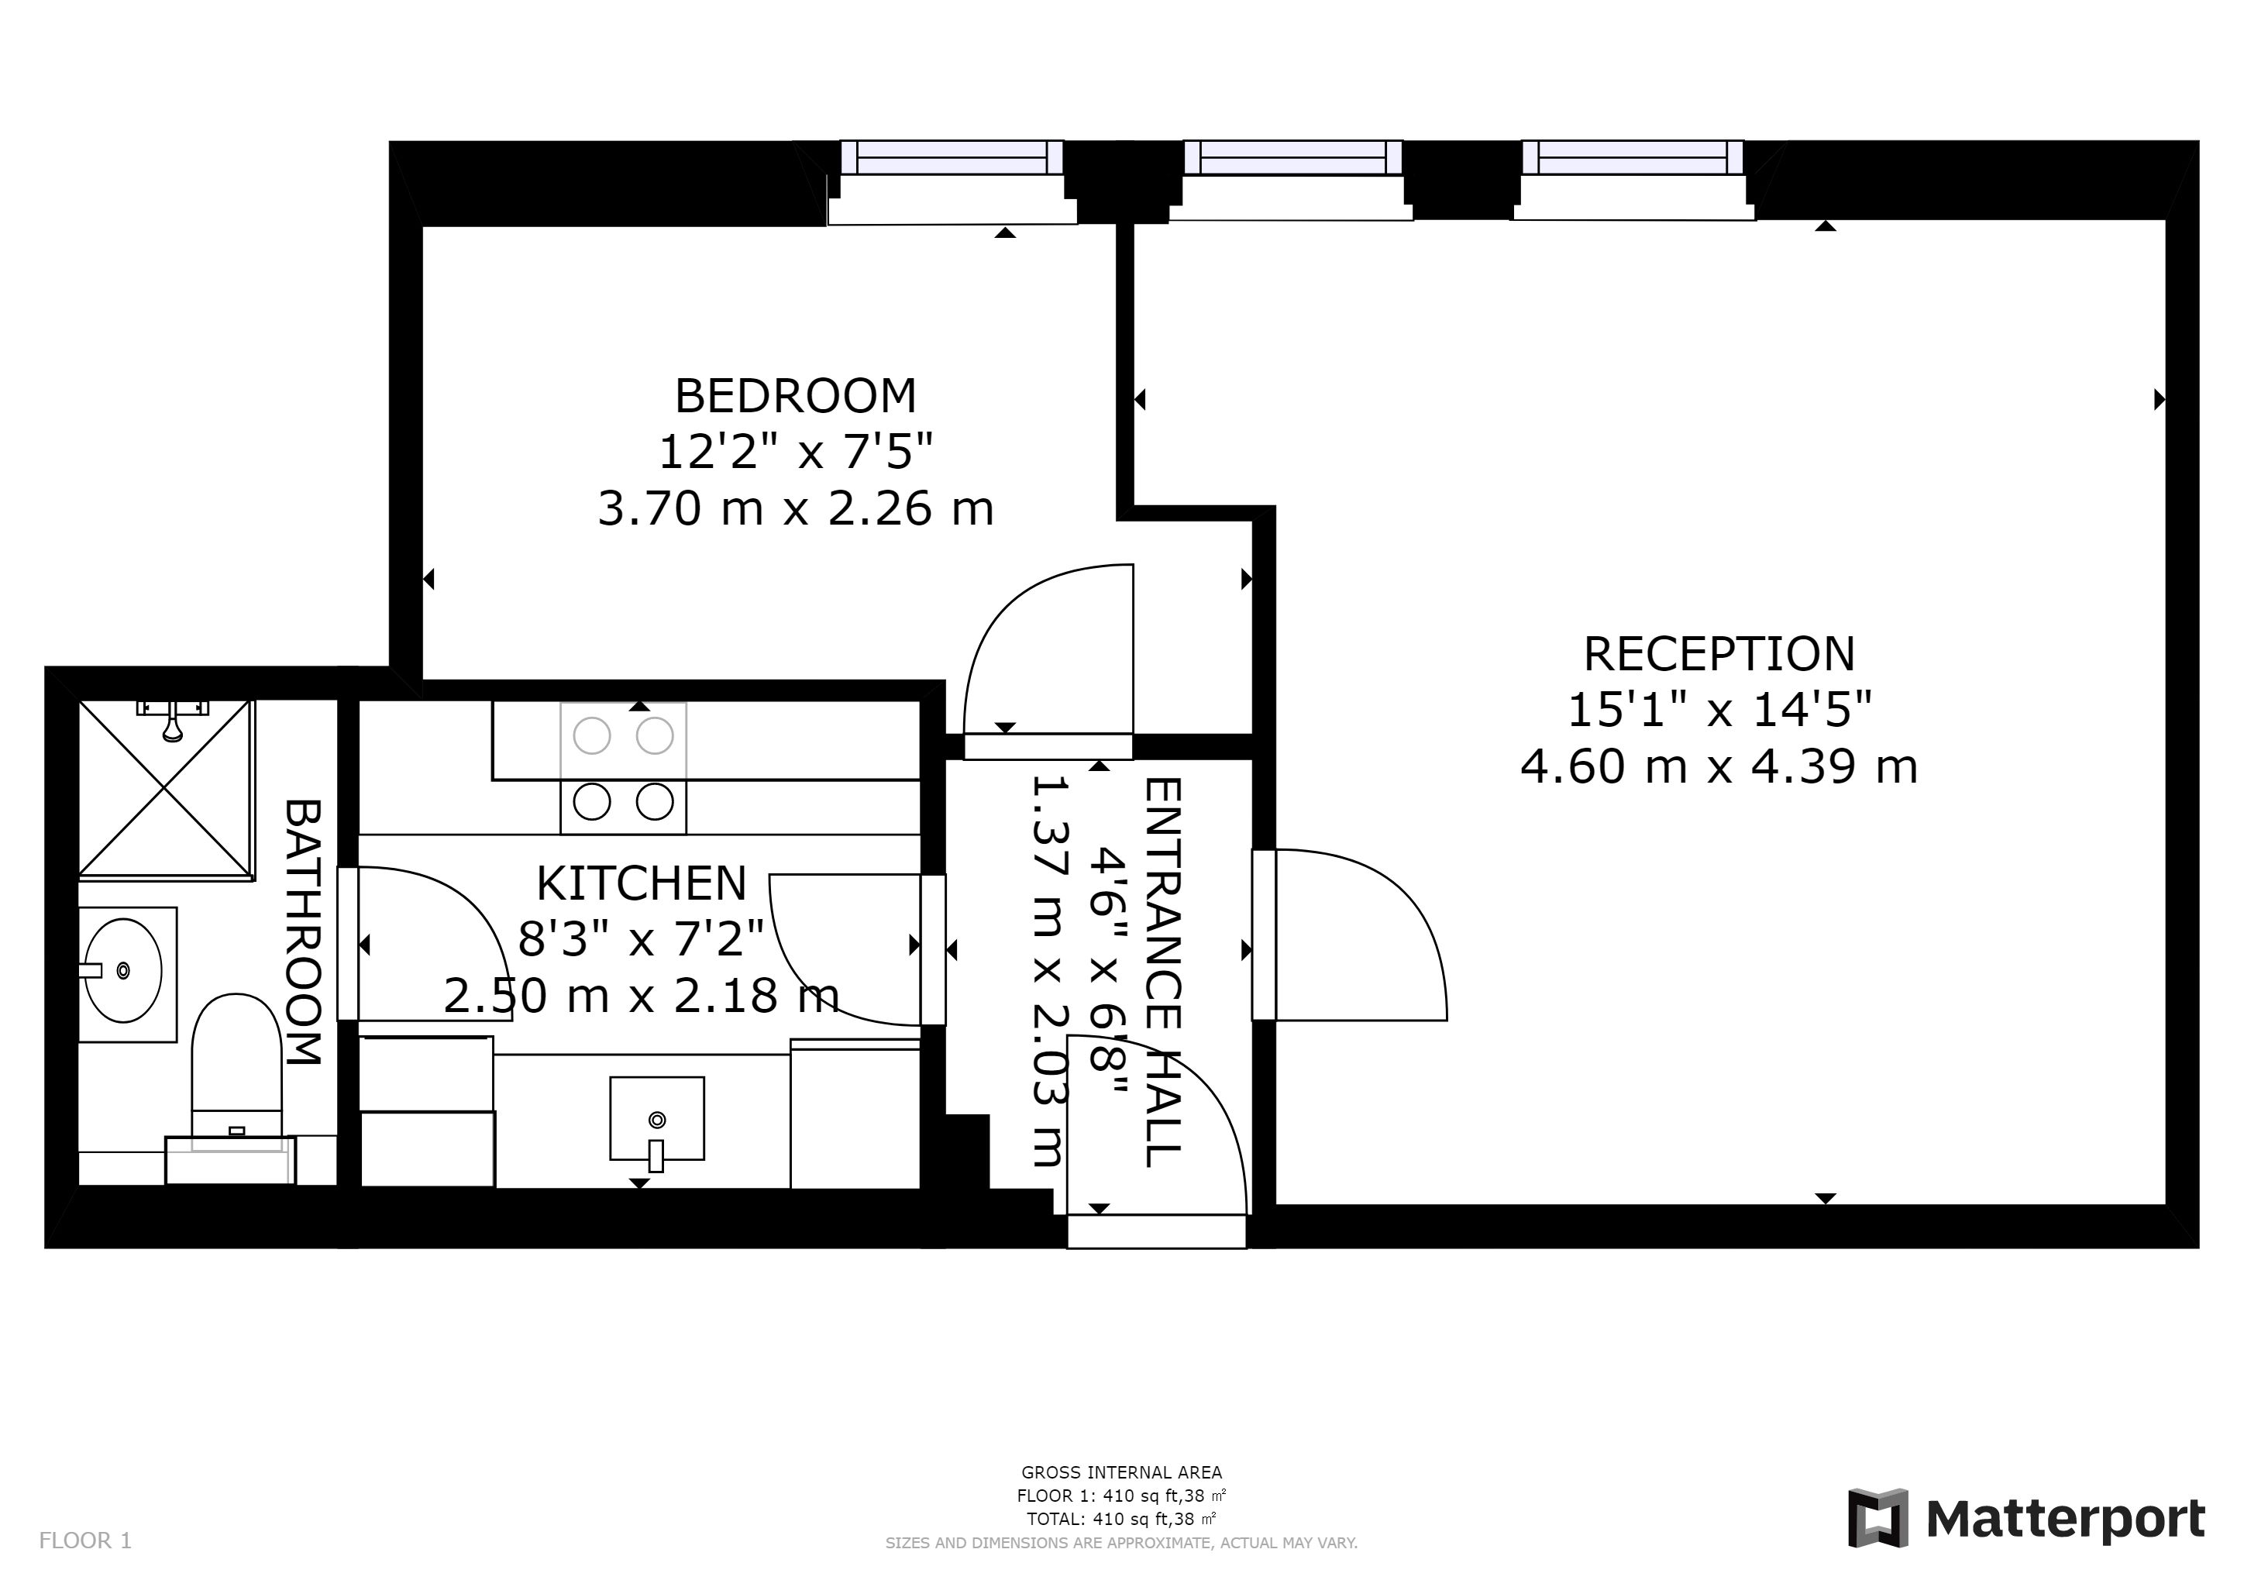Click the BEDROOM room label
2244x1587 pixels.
point(796,396)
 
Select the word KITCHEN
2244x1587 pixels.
point(641,883)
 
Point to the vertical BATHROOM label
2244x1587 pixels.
point(303,932)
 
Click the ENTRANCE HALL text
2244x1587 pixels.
point(1163,972)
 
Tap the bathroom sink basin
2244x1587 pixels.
point(123,970)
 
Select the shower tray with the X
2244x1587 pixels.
point(164,787)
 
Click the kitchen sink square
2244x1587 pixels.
point(657,1119)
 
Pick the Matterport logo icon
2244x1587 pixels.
point(1877,1517)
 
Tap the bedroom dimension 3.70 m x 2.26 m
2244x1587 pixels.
point(796,508)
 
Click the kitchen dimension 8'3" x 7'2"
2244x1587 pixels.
point(641,939)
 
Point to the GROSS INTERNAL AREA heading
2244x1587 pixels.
point(1121,1472)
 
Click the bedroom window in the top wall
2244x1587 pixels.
point(952,157)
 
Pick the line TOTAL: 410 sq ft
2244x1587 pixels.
point(1121,1520)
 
